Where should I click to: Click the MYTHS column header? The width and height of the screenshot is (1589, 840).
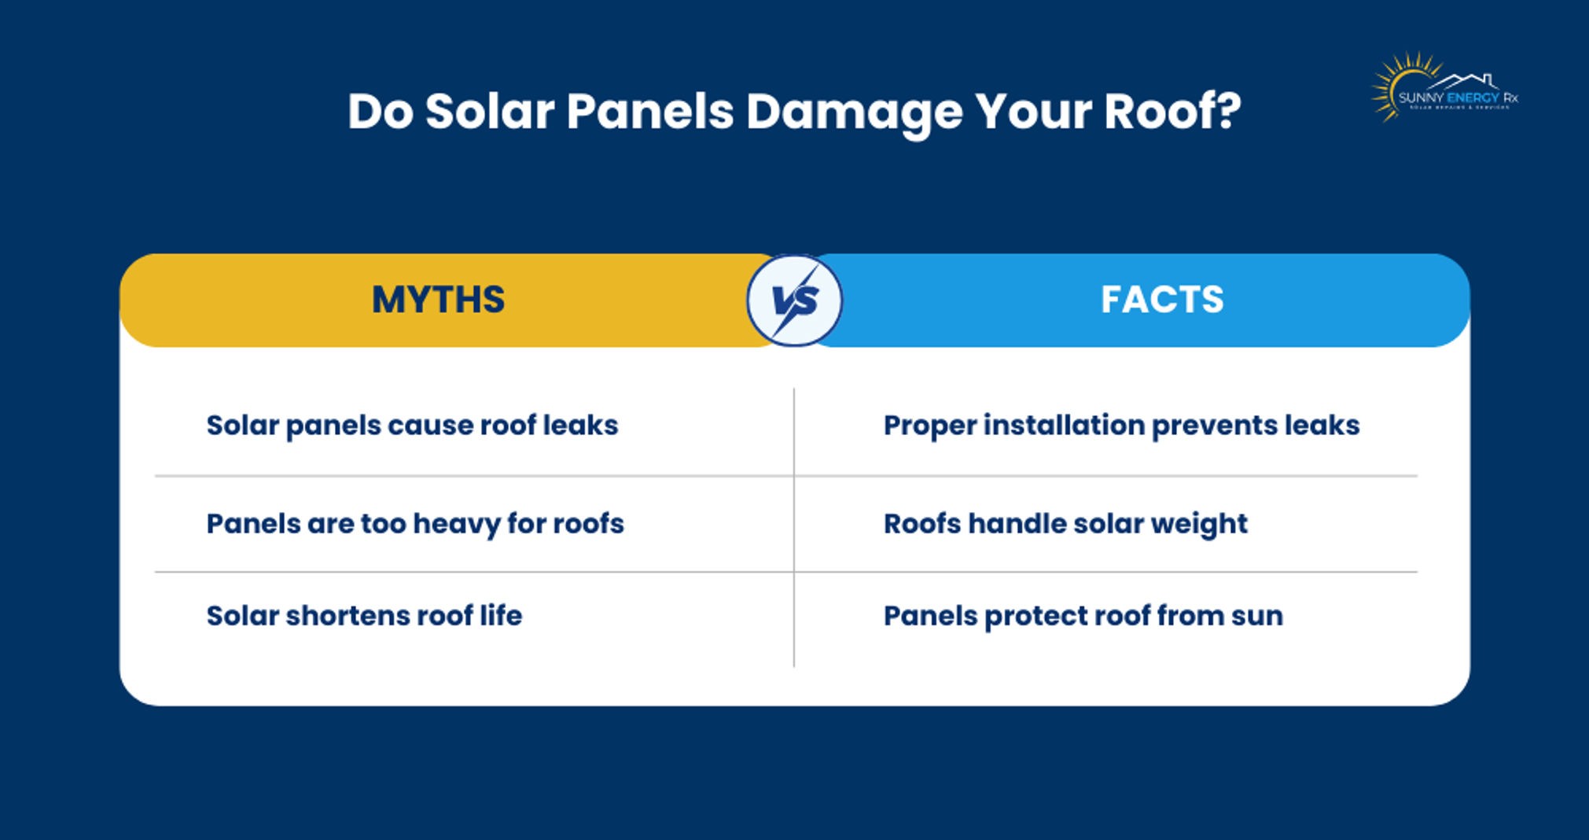[x=438, y=300]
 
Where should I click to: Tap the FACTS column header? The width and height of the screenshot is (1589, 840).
[x=1162, y=300]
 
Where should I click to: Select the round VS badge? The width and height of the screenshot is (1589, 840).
[x=794, y=300]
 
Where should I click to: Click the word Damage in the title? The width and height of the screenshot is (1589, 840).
[x=854, y=112]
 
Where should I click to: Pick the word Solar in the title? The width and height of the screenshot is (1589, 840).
[x=489, y=111]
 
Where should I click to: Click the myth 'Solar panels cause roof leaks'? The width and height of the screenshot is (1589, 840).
[x=412, y=426]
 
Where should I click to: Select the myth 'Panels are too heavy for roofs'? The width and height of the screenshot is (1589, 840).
[x=415, y=524]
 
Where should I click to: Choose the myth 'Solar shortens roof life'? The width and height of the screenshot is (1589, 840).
[x=364, y=616]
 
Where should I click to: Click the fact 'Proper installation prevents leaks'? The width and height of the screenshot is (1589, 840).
[x=1121, y=426]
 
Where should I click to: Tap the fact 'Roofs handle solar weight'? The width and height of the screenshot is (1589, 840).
[x=1065, y=524]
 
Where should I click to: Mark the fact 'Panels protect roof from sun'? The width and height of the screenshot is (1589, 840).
[x=1083, y=616]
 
